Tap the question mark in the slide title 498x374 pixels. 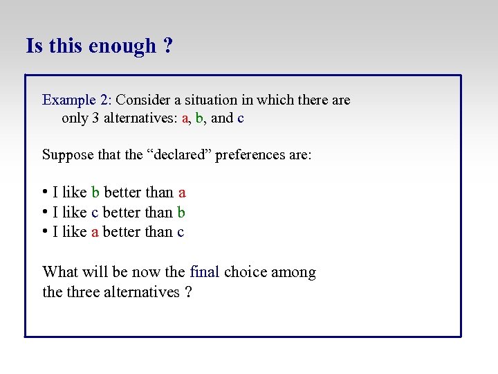(x=168, y=46)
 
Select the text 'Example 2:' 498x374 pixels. (x=77, y=100)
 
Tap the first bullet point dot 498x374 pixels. (x=45, y=193)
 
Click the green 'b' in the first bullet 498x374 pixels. (x=95, y=193)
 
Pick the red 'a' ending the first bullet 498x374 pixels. (x=182, y=193)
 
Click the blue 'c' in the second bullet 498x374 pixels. (x=95, y=212)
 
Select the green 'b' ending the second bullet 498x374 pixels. (x=181, y=212)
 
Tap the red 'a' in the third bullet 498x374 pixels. (x=95, y=231)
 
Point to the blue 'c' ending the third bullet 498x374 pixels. (x=181, y=231)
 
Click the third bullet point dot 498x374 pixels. (x=45, y=231)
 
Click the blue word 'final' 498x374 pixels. (x=204, y=272)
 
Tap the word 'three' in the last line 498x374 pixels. (x=84, y=292)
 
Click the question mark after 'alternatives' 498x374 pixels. (x=189, y=292)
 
